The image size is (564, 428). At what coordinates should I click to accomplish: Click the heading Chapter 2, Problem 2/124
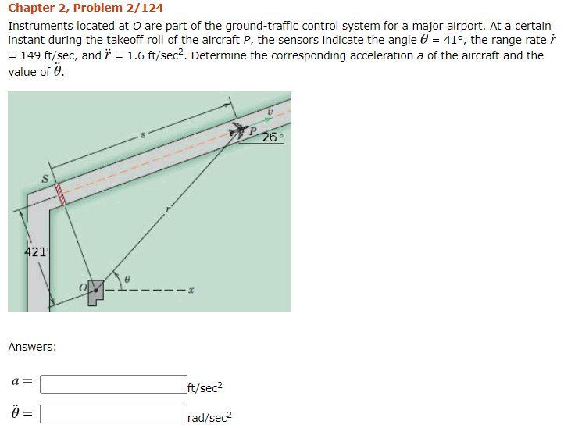[85, 9]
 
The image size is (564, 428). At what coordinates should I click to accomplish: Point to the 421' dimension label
[36, 251]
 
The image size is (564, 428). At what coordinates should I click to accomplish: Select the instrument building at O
[95, 291]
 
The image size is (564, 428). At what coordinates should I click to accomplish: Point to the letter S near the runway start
[45, 180]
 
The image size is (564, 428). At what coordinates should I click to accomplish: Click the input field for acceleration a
[113, 384]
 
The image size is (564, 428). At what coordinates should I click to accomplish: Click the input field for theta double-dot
[113, 413]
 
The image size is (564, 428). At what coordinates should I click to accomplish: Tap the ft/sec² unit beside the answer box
[205, 387]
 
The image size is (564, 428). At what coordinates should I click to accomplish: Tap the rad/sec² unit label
[209, 416]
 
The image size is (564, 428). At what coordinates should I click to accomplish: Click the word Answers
[32, 346]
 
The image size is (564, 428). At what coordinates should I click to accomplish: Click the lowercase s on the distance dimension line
[143, 137]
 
